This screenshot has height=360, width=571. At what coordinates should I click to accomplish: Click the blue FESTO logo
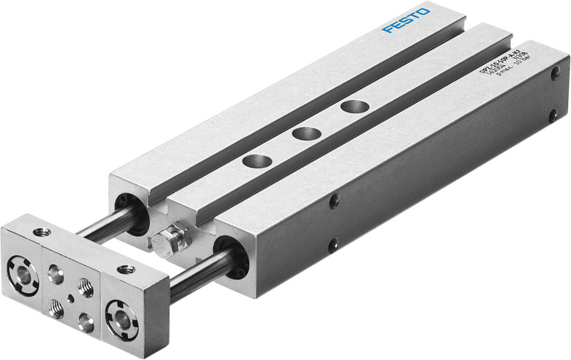[x=407, y=20]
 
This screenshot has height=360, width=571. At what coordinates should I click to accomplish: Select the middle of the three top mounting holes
[x=305, y=134]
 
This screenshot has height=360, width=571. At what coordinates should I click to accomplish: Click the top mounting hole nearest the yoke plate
[x=255, y=161]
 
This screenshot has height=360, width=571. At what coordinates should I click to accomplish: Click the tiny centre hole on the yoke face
[x=70, y=297]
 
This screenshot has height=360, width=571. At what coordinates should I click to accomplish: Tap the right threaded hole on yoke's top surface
[x=125, y=268]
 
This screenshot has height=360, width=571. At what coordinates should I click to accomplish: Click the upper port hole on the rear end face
[x=555, y=73]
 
